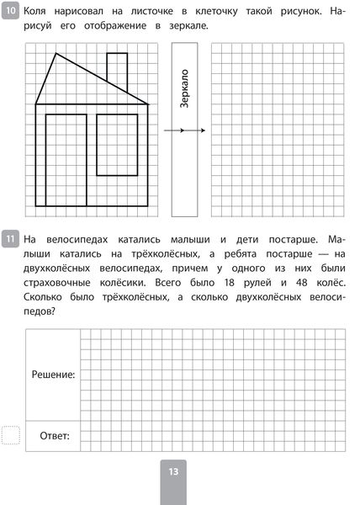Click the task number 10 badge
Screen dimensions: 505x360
[10, 13]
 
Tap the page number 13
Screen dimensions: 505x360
[172, 473]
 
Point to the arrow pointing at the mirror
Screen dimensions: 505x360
[185, 130]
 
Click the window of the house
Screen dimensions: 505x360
[117, 144]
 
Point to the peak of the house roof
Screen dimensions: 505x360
[56, 54]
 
